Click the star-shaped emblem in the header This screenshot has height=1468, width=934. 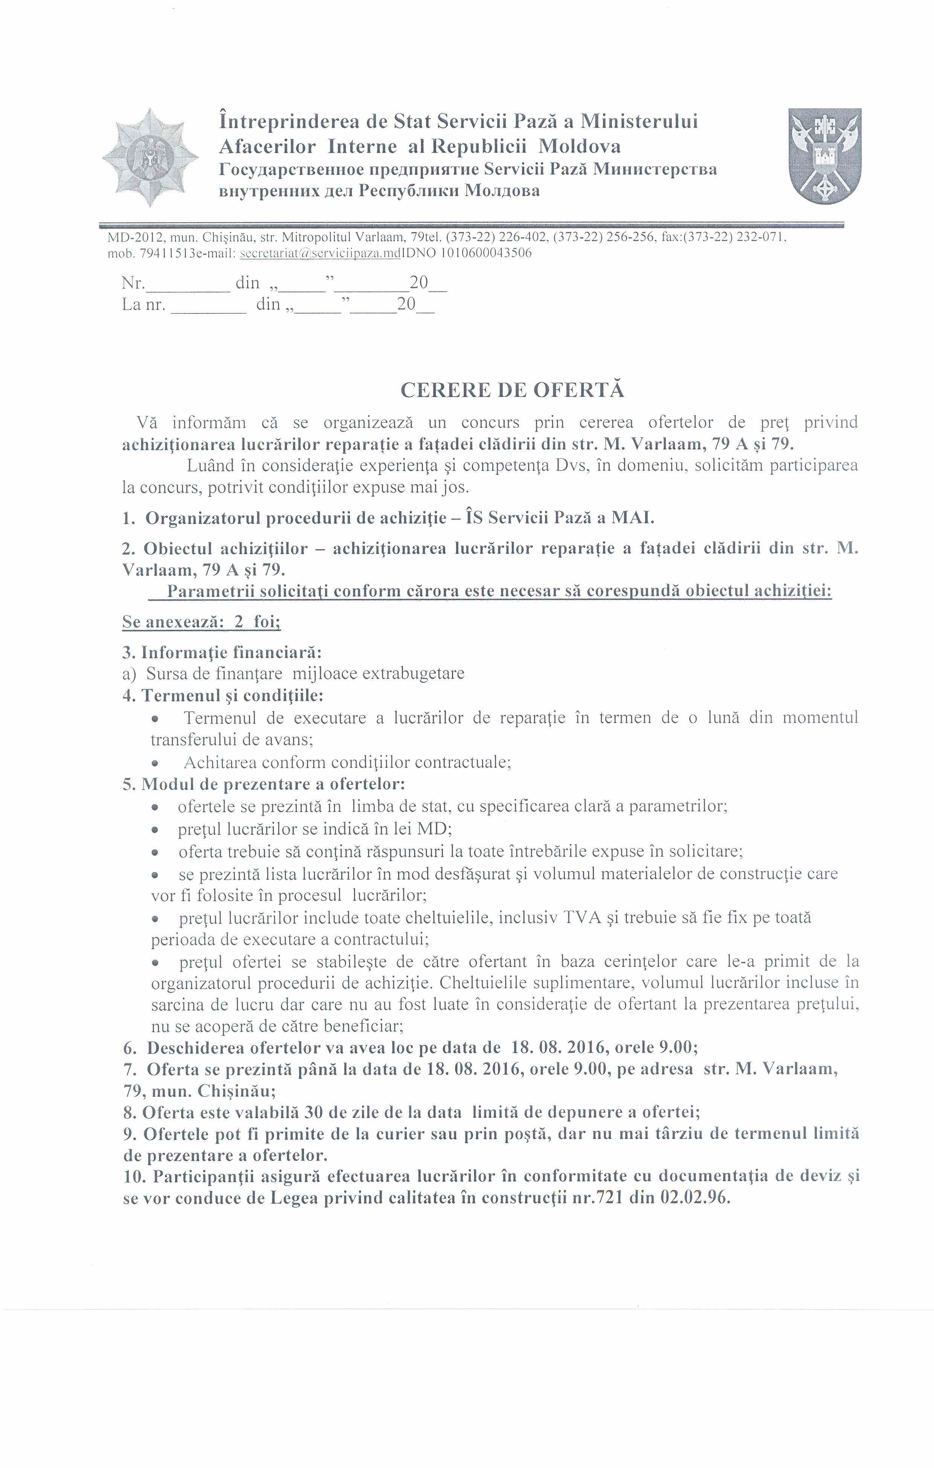[150, 157]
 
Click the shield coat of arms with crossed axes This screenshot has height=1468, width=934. [824, 156]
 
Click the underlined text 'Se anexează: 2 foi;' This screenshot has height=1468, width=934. [201, 622]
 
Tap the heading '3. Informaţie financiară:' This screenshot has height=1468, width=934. [222, 652]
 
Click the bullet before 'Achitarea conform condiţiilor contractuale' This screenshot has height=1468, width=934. [156, 763]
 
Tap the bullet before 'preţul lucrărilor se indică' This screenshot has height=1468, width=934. [156, 830]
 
